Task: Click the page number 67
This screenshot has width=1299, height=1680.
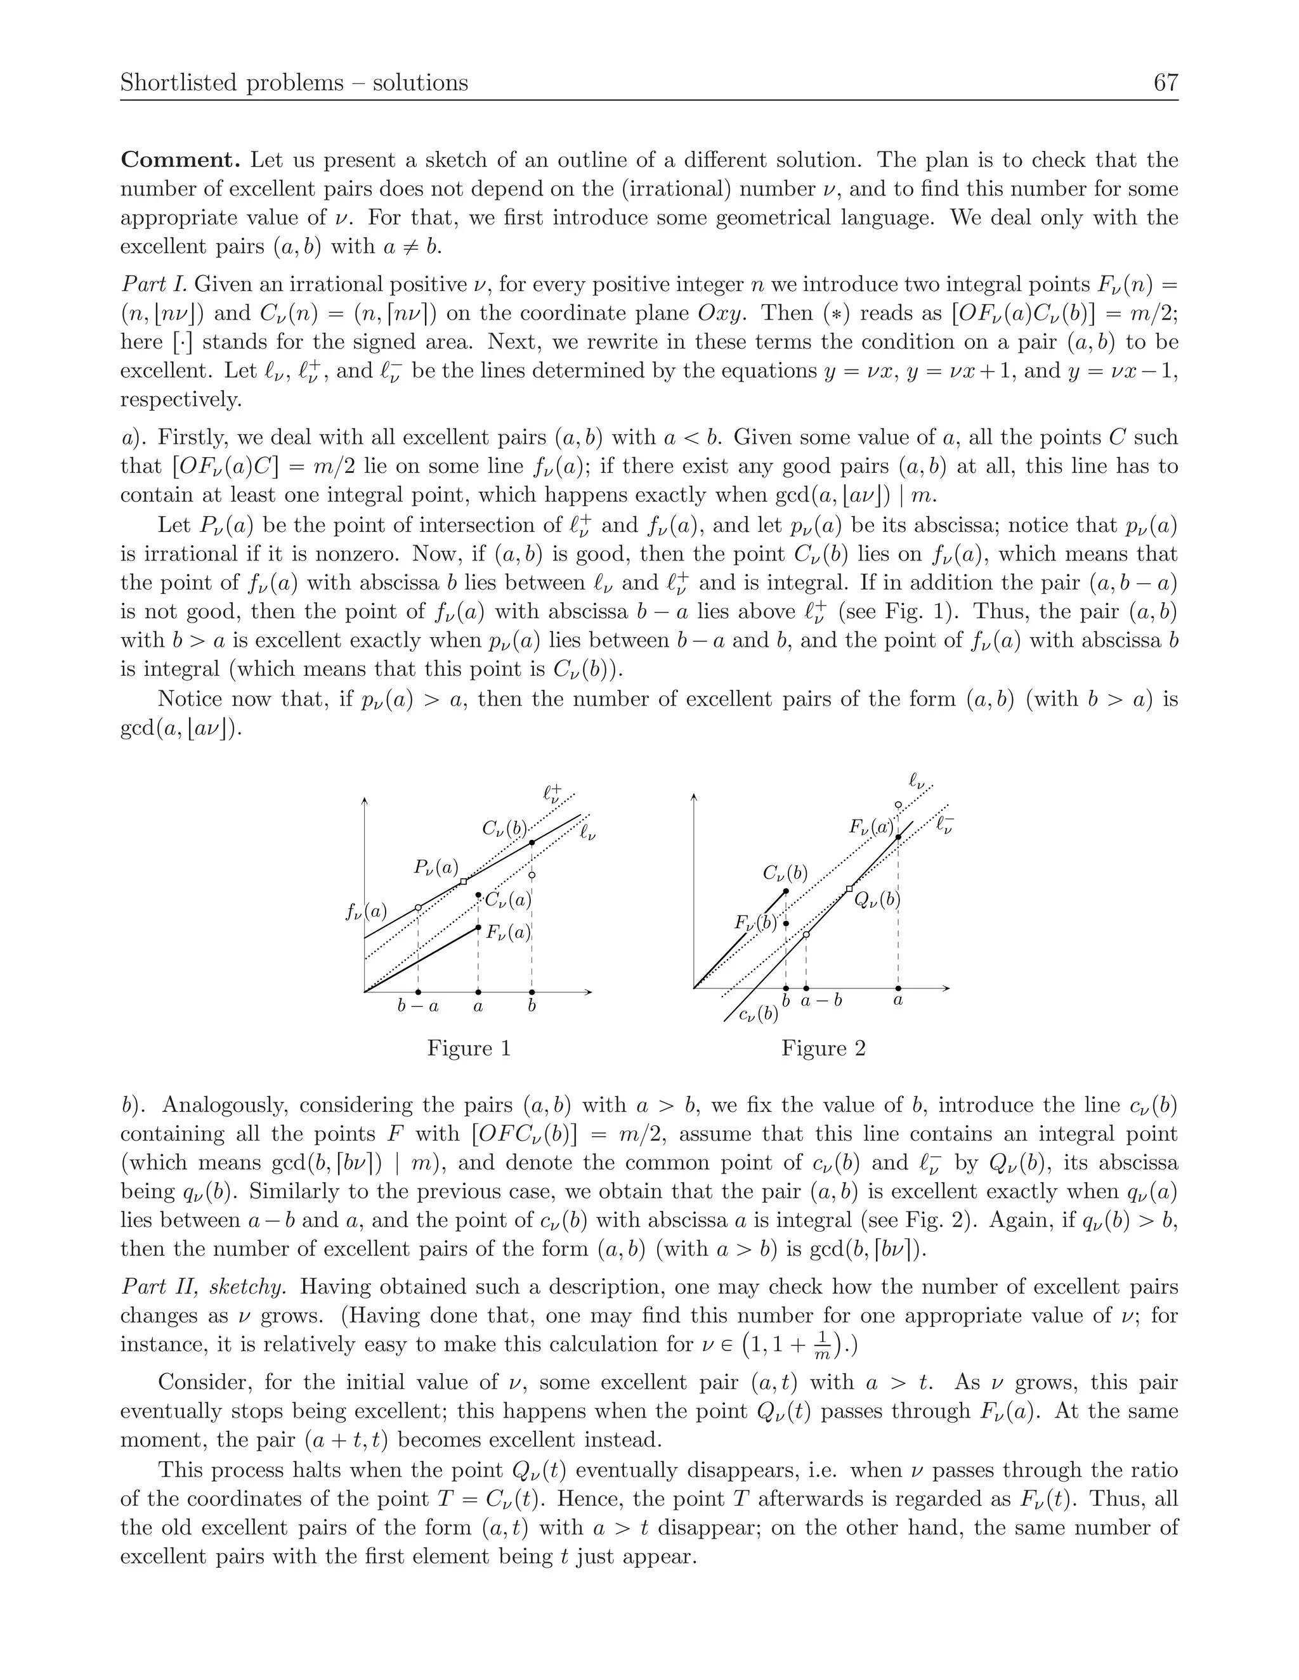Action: [x=1165, y=82]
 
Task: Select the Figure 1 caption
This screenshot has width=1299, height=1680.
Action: [x=469, y=1048]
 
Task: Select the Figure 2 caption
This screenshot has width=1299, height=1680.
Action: [x=823, y=1048]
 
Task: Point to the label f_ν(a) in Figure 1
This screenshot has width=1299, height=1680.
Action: [x=367, y=912]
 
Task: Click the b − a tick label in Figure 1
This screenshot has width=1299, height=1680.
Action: [x=418, y=1005]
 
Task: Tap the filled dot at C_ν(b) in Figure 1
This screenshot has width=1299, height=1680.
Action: [x=532, y=843]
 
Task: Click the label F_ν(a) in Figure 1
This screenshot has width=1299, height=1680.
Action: [x=508, y=933]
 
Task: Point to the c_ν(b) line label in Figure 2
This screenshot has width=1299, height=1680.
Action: [x=757, y=1014]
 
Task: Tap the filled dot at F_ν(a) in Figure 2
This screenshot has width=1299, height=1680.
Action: [x=898, y=836]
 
